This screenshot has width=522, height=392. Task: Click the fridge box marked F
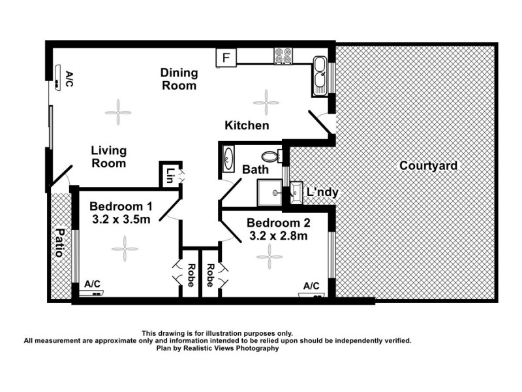coord(226,57)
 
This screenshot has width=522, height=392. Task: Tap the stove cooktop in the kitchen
coord(284,56)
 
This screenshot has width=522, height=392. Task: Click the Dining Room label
coord(179,79)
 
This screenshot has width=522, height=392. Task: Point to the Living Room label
coord(108,157)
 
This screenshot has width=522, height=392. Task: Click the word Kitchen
coord(247,125)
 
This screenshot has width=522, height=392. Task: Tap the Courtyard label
coord(428,166)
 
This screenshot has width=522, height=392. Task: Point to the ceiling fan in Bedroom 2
coord(269,256)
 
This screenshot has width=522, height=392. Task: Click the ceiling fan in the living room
coord(118,112)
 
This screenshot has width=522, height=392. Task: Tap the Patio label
coord(60,242)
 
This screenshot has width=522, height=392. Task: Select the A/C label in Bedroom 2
coord(311,286)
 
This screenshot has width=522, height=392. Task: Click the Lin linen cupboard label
coord(170,175)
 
